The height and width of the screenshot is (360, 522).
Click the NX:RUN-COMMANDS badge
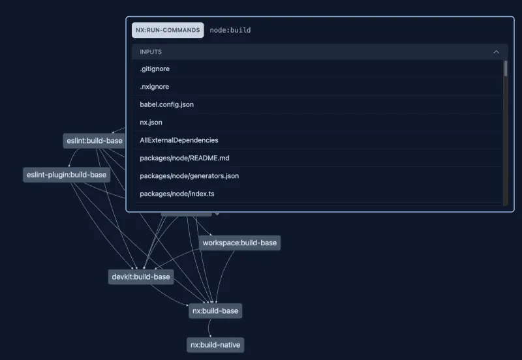tap(168, 30)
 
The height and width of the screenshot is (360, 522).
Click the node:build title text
tap(230, 30)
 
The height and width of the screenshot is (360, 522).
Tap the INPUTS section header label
tap(151, 52)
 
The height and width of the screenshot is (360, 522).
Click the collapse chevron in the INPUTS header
tap(497, 52)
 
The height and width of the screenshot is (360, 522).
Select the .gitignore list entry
tap(155, 68)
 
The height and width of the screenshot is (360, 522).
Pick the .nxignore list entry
tap(155, 87)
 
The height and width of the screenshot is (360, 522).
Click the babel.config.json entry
tap(166, 104)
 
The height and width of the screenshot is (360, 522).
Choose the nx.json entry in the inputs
tap(151, 122)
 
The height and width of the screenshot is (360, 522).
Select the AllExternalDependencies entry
tap(179, 140)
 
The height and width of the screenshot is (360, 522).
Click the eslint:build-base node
tap(95, 140)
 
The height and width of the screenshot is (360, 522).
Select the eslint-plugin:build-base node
tap(66, 175)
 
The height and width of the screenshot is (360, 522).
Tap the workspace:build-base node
tap(239, 243)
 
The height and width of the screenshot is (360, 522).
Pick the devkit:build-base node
tap(141, 277)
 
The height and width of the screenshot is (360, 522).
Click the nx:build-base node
tap(215, 311)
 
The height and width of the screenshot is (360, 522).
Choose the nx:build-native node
tap(215, 345)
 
